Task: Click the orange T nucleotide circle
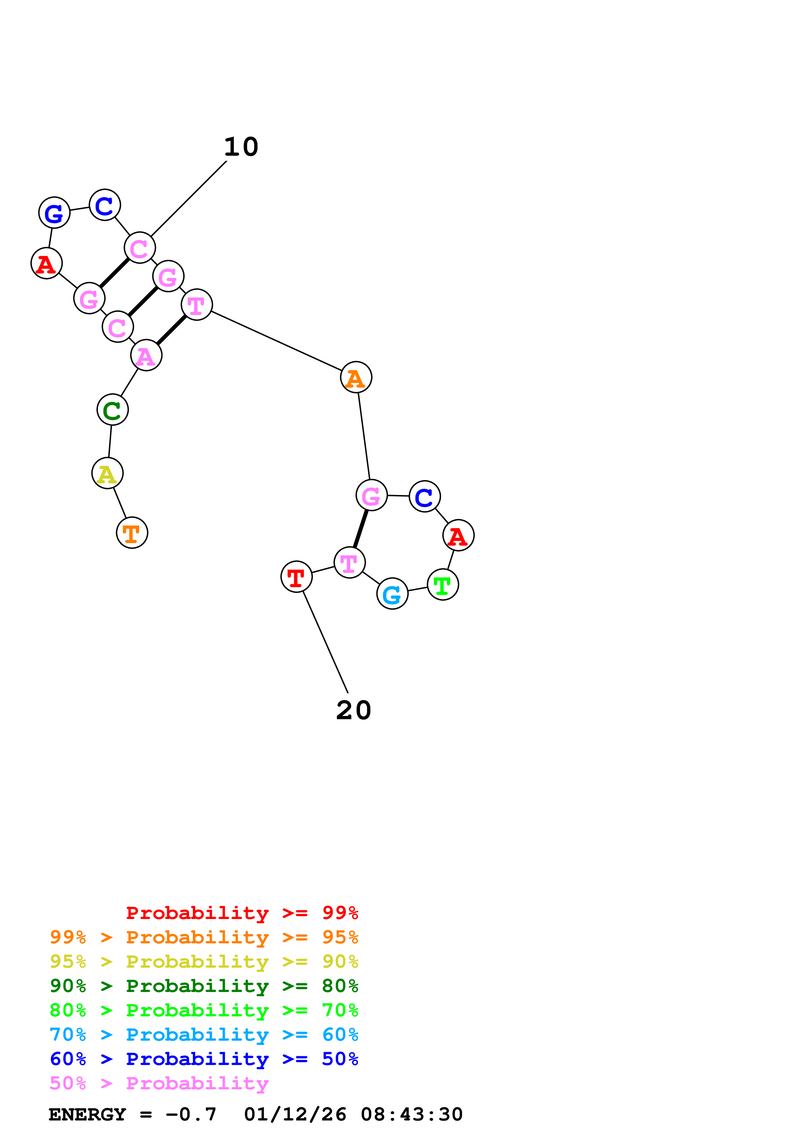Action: click(x=132, y=533)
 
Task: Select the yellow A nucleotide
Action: click(x=107, y=473)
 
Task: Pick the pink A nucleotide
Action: click(x=146, y=355)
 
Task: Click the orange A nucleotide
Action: click(x=356, y=378)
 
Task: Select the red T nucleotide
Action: click(x=296, y=577)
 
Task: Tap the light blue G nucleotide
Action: click(x=392, y=594)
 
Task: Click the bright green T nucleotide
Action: click(x=443, y=585)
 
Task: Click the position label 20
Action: click(x=354, y=711)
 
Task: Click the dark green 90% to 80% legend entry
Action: click(x=204, y=986)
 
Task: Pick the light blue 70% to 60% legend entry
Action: click(x=204, y=1035)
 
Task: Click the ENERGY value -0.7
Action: click(x=191, y=1115)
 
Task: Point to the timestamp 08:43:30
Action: click(x=411, y=1115)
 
